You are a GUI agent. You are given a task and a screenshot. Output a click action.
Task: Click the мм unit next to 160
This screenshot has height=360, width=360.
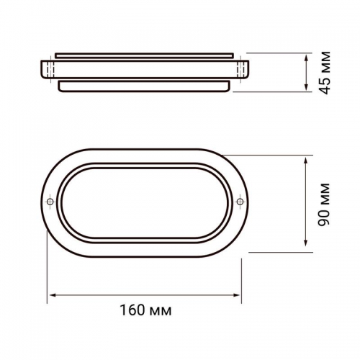[x=162, y=312]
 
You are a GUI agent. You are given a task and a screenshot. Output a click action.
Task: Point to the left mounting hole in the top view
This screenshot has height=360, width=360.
[x=50, y=200]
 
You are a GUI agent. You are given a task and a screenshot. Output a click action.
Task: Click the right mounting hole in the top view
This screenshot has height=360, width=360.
[x=240, y=200]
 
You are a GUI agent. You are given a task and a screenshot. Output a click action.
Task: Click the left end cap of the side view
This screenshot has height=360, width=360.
[x=47, y=69]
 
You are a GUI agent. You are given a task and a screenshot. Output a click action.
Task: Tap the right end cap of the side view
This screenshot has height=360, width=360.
[x=243, y=69]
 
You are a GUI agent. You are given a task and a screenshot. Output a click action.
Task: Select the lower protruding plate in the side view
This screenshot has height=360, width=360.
[x=145, y=86]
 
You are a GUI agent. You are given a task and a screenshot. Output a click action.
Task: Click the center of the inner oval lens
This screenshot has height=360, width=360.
[x=145, y=200]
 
